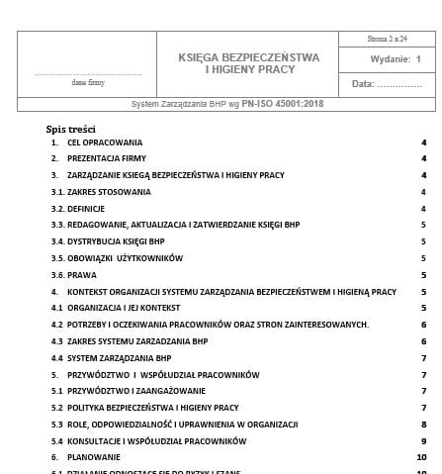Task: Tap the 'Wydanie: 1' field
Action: (387, 59)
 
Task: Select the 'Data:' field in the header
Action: (387, 84)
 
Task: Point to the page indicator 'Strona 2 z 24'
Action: (388, 39)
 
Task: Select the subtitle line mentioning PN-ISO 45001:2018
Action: (227, 103)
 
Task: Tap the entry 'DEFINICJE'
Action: (87, 209)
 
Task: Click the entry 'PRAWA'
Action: (82, 275)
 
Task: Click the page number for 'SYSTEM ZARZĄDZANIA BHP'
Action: (423, 357)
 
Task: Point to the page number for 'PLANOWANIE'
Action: (422, 457)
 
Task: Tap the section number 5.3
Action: (57, 424)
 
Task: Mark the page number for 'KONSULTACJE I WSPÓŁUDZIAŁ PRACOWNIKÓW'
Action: (423, 440)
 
